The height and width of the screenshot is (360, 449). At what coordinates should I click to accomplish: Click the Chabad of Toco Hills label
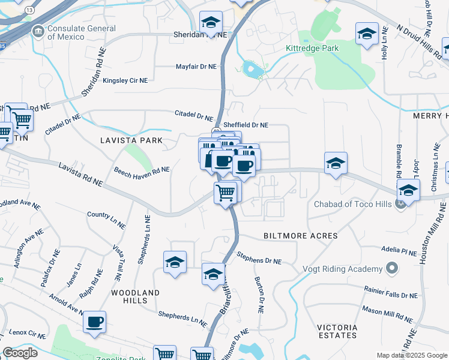click(352, 204)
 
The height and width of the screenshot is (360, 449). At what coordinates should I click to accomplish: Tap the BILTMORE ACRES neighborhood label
click(301, 236)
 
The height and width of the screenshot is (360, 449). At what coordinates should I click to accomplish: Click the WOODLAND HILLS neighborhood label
click(135, 297)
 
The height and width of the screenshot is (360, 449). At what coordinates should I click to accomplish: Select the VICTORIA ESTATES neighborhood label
click(337, 331)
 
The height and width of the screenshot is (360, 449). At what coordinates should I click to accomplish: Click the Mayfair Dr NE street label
click(196, 67)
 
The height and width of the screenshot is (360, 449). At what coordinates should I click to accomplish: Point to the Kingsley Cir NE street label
click(128, 80)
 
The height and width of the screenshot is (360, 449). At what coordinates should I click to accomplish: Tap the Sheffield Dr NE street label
click(246, 125)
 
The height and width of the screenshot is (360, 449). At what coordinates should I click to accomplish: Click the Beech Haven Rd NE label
click(142, 170)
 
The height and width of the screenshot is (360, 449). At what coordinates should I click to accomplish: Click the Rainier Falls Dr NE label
click(391, 295)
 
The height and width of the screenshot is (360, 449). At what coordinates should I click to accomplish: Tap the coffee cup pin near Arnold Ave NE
click(95, 322)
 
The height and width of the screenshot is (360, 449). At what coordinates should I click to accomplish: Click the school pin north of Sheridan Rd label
click(211, 23)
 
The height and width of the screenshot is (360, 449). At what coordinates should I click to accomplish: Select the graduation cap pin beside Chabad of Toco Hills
click(408, 191)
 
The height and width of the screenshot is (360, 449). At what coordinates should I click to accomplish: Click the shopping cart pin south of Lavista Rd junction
click(225, 193)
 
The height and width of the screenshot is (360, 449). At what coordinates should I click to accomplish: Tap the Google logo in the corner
click(20, 353)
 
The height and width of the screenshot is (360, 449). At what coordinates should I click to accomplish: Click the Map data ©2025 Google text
click(412, 355)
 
